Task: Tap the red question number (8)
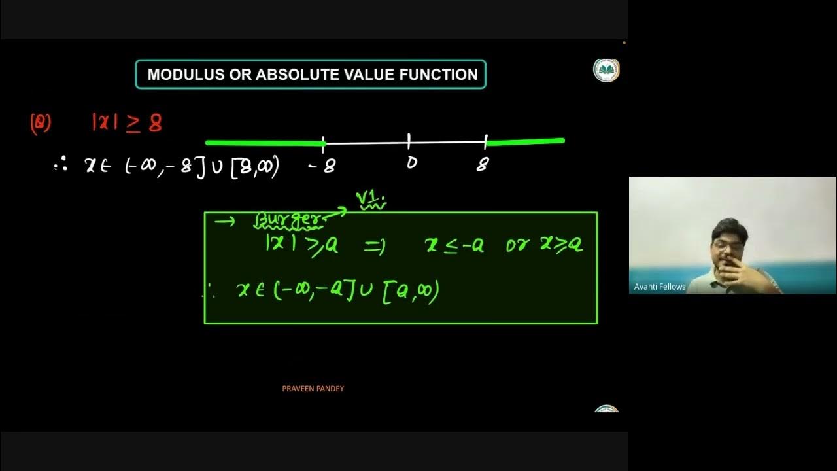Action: pyautogui.click(x=41, y=124)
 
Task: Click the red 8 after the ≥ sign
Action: pyautogui.click(x=155, y=123)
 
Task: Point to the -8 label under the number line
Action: pyautogui.click(x=322, y=166)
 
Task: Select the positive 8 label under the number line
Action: pyautogui.click(x=483, y=165)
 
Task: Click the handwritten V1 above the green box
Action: pyautogui.click(x=370, y=199)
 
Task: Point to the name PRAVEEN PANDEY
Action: pyautogui.click(x=313, y=389)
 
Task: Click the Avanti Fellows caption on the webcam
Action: pyautogui.click(x=660, y=287)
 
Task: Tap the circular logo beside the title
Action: pyautogui.click(x=606, y=70)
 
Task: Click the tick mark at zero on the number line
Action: pyautogui.click(x=409, y=141)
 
